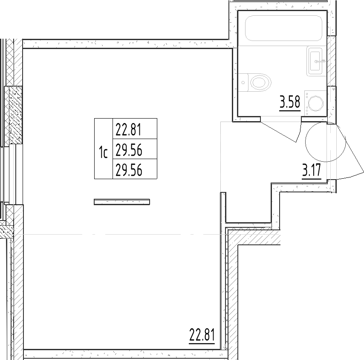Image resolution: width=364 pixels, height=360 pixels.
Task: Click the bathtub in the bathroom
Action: pyautogui.click(x=283, y=28)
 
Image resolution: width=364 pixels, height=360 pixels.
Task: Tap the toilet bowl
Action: pyautogui.click(x=260, y=82)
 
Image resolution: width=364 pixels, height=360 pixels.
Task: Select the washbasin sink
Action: pyautogui.click(x=315, y=61)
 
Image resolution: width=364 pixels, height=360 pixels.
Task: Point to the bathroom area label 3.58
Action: pyautogui.click(x=290, y=102)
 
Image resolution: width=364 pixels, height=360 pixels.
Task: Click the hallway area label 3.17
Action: pyautogui.click(x=312, y=170)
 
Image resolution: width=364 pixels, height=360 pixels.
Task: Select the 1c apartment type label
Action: pyautogui.click(x=104, y=152)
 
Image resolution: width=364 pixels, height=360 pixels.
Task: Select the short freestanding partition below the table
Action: pyautogui.click(x=122, y=202)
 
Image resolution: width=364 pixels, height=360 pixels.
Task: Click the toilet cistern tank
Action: pyautogui.click(x=243, y=82)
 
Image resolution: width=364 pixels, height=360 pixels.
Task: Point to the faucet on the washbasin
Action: pyautogui.click(x=320, y=61)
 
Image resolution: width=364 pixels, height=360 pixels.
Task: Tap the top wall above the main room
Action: pyautogui.click(x=127, y=44)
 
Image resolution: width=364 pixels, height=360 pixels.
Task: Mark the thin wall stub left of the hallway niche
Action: pyautogui.click(x=223, y=207)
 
